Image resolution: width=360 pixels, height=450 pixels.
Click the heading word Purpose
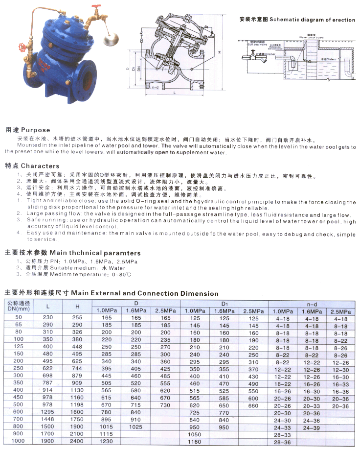tap(35, 130)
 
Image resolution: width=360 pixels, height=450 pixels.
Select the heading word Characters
tap(40, 166)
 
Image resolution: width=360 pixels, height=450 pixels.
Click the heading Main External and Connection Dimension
tap(145, 293)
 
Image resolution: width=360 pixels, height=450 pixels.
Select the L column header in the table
tap(47, 306)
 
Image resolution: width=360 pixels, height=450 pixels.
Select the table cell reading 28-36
tap(283, 443)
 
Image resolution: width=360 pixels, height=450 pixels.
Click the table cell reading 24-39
tap(312, 427)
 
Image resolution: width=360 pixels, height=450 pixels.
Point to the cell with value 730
tap(164, 405)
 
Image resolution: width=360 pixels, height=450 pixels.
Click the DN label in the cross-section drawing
tap(139, 70)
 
